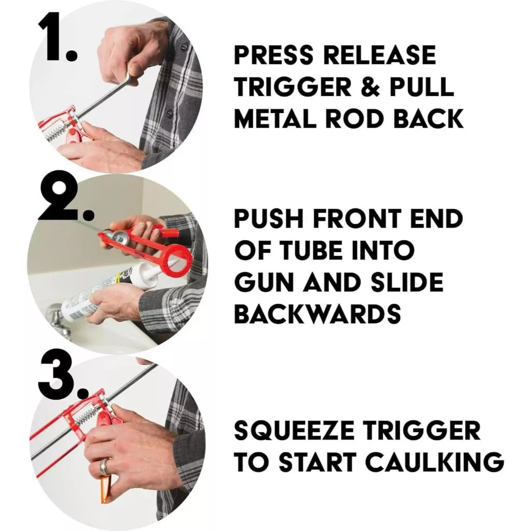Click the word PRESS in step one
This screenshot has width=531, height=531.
point(273,55)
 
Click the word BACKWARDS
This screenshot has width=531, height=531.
point(317,313)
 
